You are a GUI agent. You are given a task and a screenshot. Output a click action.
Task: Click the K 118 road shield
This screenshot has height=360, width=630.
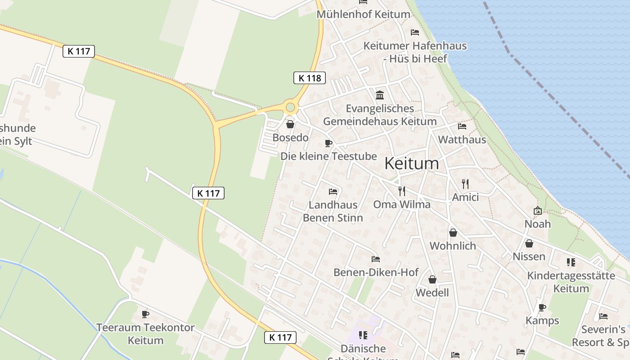click(310, 78)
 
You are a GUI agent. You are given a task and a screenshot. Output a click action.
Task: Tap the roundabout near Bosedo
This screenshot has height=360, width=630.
click(290, 107)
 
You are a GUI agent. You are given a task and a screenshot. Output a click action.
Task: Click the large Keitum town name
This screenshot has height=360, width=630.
click(411, 163)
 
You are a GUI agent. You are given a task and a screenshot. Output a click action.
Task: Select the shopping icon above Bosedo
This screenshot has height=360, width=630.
click(290, 124)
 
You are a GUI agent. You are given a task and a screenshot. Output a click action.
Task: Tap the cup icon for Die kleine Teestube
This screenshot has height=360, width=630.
click(328, 143)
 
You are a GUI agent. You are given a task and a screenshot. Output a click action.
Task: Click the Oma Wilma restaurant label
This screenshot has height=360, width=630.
click(401, 204)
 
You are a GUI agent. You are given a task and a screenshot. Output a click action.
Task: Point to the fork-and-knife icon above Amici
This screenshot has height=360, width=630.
click(465, 184)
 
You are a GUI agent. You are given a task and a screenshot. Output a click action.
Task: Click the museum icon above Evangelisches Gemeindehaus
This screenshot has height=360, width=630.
click(380, 95)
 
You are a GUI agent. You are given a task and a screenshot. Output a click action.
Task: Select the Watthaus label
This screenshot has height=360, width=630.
click(462, 139)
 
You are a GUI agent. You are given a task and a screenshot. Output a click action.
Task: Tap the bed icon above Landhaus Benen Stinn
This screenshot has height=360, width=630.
click(333, 192)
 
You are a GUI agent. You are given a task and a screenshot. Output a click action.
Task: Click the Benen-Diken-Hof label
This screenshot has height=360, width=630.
click(376, 272)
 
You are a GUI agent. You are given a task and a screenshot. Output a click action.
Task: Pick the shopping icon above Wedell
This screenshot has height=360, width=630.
click(432, 279)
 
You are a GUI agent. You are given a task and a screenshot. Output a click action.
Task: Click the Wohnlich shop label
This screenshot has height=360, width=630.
click(453, 246)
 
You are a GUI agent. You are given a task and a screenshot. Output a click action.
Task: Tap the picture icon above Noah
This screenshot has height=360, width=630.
click(538, 211)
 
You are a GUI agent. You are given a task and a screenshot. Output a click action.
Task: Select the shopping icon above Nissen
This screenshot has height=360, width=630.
click(529, 243)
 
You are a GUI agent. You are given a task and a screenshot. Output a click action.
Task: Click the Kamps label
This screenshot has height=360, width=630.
click(542, 320)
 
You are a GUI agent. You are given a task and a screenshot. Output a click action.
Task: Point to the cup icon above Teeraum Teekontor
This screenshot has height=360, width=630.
click(145, 314)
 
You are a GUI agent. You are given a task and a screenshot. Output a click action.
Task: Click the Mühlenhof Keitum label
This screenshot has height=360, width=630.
click(363, 14)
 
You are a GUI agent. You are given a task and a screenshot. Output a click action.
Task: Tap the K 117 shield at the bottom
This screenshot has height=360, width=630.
click(280, 337)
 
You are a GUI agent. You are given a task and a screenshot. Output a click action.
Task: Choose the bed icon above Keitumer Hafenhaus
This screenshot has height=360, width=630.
click(415, 32)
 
